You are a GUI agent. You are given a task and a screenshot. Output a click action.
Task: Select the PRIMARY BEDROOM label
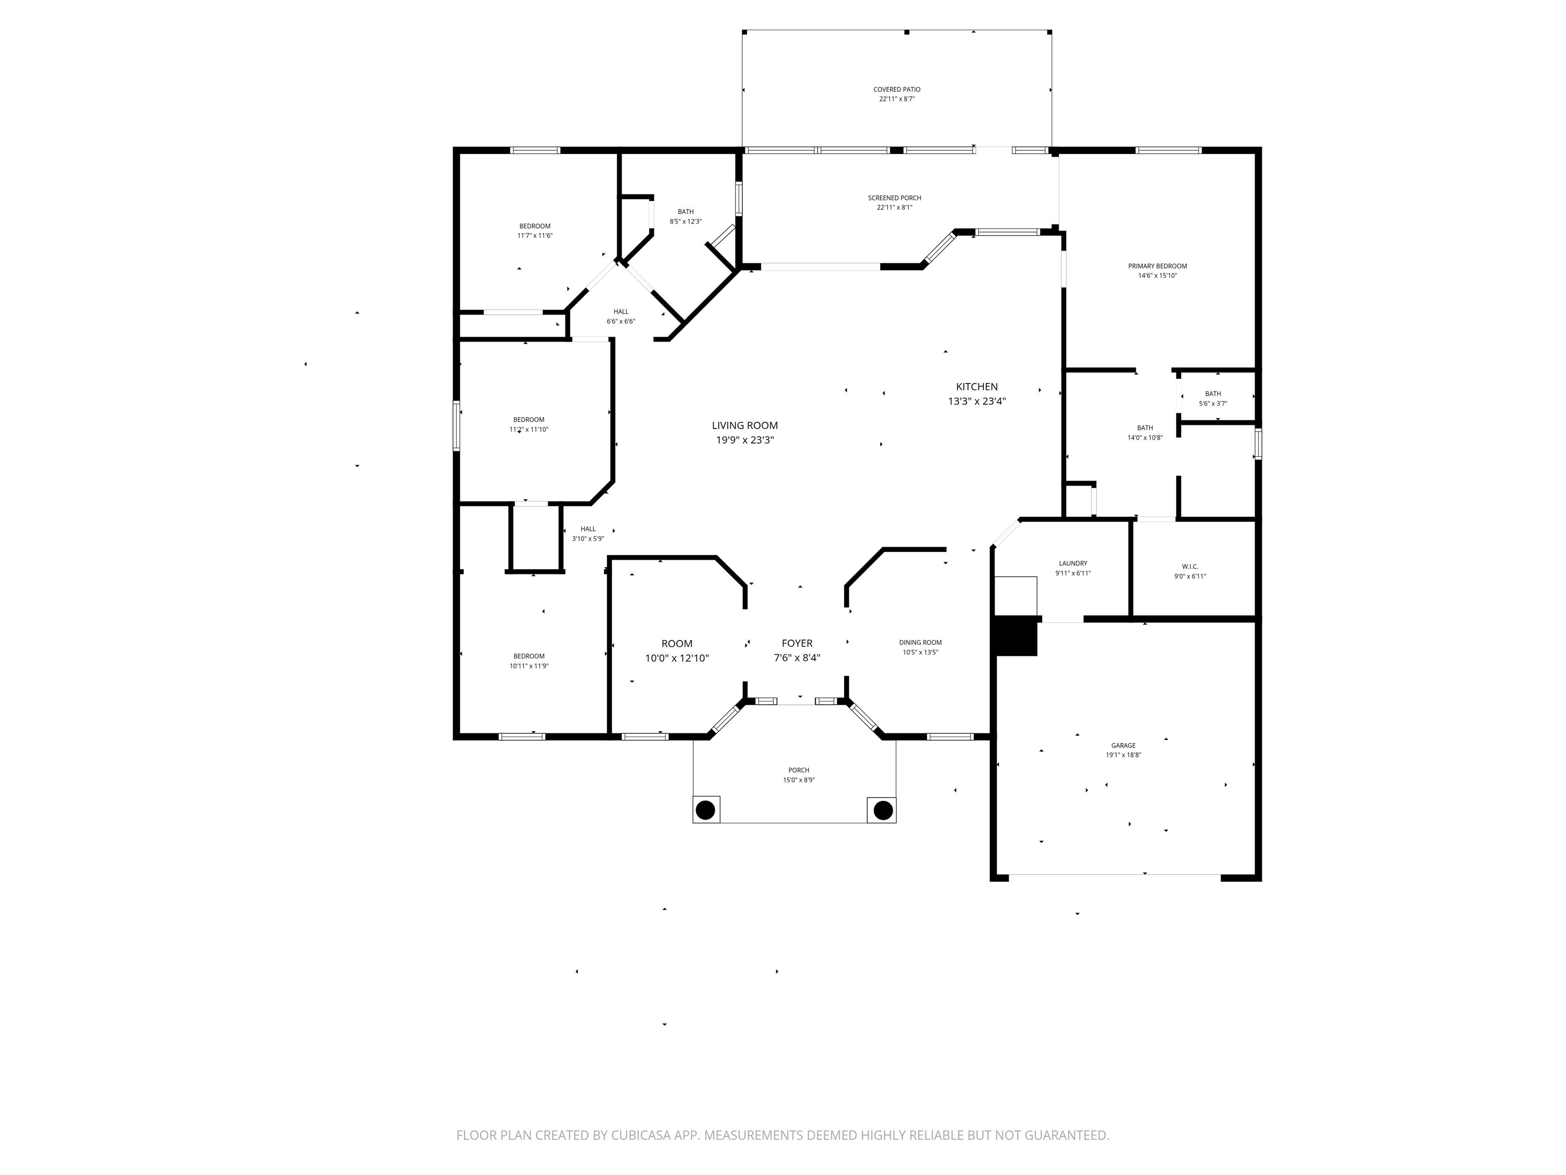tap(1157, 266)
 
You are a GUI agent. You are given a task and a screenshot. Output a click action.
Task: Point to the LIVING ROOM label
tap(744, 426)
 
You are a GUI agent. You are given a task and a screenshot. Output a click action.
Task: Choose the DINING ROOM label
tap(920, 643)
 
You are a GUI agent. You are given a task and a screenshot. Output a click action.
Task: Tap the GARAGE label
tap(1123, 745)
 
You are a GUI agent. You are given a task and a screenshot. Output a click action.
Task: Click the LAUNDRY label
tap(1073, 564)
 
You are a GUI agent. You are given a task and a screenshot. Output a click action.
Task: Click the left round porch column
tap(705, 809)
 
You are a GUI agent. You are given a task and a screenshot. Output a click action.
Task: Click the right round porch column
tap(882, 809)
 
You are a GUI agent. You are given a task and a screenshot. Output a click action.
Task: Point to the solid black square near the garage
tap(1016, 636)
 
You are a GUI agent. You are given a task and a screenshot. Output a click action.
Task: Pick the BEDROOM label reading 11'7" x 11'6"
tap(535, 226)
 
